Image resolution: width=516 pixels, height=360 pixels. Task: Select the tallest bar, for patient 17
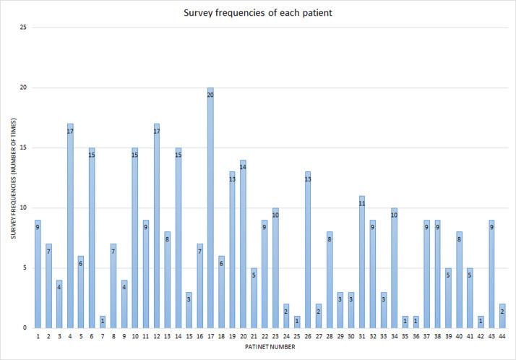tap(210, 210)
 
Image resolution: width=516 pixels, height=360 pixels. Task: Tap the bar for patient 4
tap(70, 228)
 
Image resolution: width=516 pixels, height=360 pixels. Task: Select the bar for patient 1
tap(38, 275)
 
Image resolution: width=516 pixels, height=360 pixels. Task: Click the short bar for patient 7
tap(103, 322)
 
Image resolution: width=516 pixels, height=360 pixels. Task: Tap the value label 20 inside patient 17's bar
tap(210, 95)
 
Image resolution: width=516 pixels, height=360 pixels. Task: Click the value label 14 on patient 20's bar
tap(243, 167)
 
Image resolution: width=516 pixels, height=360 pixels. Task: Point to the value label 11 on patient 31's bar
tap(362, 203)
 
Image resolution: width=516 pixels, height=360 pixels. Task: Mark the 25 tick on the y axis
tap(23, 28)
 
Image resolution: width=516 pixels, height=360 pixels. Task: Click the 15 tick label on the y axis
tap(23, 148)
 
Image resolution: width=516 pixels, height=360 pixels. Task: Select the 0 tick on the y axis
tap(25, 328)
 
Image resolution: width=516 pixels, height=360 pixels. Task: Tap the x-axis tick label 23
tap(275, 337)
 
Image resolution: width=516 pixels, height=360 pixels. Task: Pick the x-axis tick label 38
tap(438, 337)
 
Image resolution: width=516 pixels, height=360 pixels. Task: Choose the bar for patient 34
tap(395, 270)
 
